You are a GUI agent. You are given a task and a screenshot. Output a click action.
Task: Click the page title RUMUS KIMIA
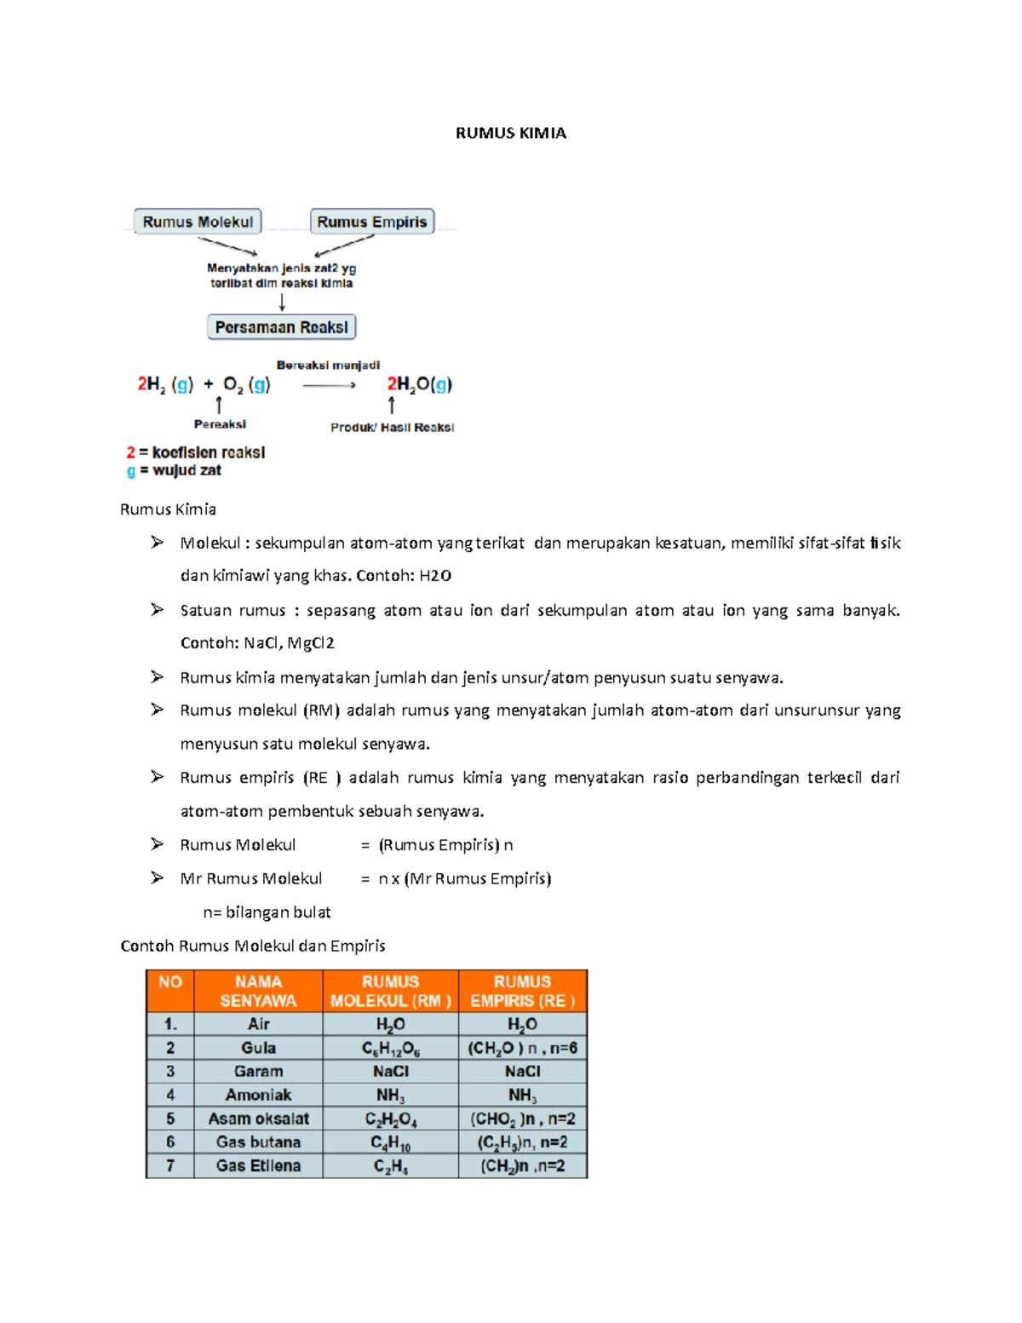coord(510,133)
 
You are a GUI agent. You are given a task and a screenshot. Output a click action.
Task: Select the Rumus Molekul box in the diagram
coord(198,221)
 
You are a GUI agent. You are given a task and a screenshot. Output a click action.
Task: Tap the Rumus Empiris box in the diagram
coord(372,221)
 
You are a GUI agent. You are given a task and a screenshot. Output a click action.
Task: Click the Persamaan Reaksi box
coord(281,327)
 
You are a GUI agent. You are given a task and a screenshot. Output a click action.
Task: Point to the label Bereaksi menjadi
coord(328,365)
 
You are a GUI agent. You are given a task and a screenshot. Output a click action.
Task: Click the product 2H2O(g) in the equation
coord(419,384)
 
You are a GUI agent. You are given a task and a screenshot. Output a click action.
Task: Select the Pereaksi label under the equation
coord(220,424)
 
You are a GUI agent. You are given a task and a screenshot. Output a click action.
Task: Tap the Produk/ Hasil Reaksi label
coord(392,428)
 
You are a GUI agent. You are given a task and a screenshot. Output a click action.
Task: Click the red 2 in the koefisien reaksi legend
coord(130,452)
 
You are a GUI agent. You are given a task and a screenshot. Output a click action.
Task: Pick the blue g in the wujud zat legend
coord(130,470)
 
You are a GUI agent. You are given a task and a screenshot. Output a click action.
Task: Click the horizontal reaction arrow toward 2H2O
coord(329,386)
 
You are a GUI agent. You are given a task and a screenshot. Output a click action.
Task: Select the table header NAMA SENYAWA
coord(258,991)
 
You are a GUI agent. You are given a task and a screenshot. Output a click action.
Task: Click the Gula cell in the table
coord(258,1048)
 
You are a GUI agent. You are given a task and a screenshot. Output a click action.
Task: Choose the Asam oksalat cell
coord(258,1119)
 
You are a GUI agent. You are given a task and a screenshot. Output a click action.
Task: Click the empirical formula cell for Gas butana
coord(522,1142)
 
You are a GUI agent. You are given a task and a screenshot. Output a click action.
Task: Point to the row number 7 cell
coord(170,1165)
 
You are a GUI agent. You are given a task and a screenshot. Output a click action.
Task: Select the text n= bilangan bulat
coord(267,912)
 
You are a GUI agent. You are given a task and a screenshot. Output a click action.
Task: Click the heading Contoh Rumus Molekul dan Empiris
coord(253,946)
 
